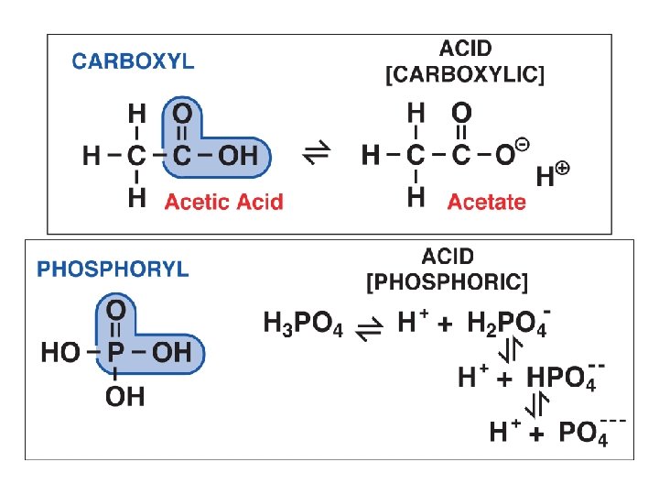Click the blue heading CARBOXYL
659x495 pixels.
pyautogui.click(x=134, y=61)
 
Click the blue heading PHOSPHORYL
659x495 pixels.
pyautogui.click(x=113, y=269)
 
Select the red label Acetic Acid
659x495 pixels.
pyautogui.click(x=224, y=202)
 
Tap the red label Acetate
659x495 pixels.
pyautogui.click(x=487, y=202)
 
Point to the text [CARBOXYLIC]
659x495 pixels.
pyautogui.click(x=465, y=75)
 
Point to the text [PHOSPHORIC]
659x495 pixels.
pyautogui.click(x=448, y=282)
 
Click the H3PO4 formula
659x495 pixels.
pyautogui.click(x=303, y=324)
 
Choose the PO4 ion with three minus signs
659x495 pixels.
pyautogui.click(x=582, y=431)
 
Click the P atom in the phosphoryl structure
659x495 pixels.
pyautogui.click(x=115, y=351)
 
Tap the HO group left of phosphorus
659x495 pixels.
pyautogui.click(x=60, y=351)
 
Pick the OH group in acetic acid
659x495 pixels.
pyautogui.click(x=238, y=155)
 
